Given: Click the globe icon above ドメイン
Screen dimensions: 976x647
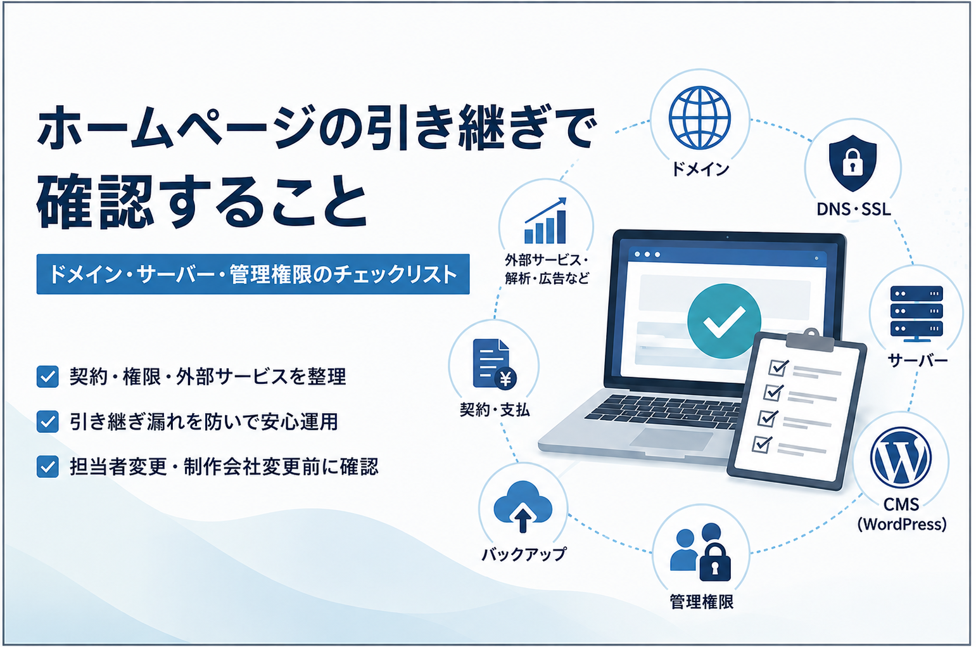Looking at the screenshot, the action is pyautogui.click(x=700, y=118).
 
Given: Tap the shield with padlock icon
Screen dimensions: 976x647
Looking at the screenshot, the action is pyautogui.click(x=852, y=163).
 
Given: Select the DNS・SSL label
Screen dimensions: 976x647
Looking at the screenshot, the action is pyautogui.click(x=854, y=210).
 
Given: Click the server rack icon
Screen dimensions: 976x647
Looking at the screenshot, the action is pyautogui.click(x=916, y=314).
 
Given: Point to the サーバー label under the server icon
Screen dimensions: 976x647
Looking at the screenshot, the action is pyautogui.click(x=918, y=361).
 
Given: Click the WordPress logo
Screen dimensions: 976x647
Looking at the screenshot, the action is pyautogui.click(x=901, y=458).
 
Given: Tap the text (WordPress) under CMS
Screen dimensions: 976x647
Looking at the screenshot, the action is pyautogui.click(x=901, y=523).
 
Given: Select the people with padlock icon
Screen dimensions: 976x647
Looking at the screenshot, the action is pyautogui.click(x=700, y=552).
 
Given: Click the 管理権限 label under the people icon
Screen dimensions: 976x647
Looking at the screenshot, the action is pyautogui.click(x=701, y=602).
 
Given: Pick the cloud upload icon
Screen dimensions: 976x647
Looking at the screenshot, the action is pyautogui.click(x=523, y=506).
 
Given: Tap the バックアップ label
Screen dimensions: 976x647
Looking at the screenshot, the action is pyautogui.click(x=523, y=554).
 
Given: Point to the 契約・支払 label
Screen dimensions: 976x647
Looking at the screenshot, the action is pyautogui.click(x=495, y=410).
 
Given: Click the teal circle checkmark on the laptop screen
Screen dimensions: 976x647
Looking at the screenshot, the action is pyautogui.click(x=724, y=321).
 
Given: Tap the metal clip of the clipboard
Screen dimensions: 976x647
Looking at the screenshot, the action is pyautogui.click(x=806, y=340).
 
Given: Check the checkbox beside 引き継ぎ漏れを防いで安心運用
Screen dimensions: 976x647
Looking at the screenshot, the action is pyautogui.click(x=48, y=421).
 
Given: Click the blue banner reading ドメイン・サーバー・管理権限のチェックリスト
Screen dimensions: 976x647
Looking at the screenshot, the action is pyautogui.click(x=253, y=274).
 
